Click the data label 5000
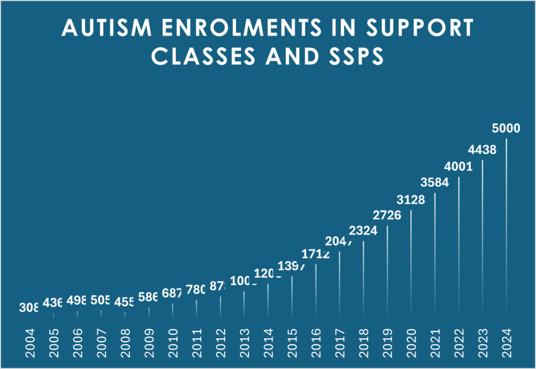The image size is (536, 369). pyautogui.click(x=506, y=128)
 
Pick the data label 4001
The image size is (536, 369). pyautogui.click(x=459, y=167)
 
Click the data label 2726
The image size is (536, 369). pyautogui.click(x=387, y=216)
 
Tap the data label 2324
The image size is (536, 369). pyautogui.click(x=363, y=231)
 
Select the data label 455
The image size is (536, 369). pyautogui.click(x=125, y=301)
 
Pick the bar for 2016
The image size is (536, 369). pyautogui.click(x=316, y=290)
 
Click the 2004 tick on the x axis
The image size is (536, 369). pyautogui.click(x=30, y=342)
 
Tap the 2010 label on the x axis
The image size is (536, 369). pyautogui.click(x=173, y=342)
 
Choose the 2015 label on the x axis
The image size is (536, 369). pyautogui.click(x=292, y=342)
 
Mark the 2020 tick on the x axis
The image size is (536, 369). pyautogui.click(x=411, y=342)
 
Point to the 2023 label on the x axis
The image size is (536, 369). pyautogui.click(x=483, y=342)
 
